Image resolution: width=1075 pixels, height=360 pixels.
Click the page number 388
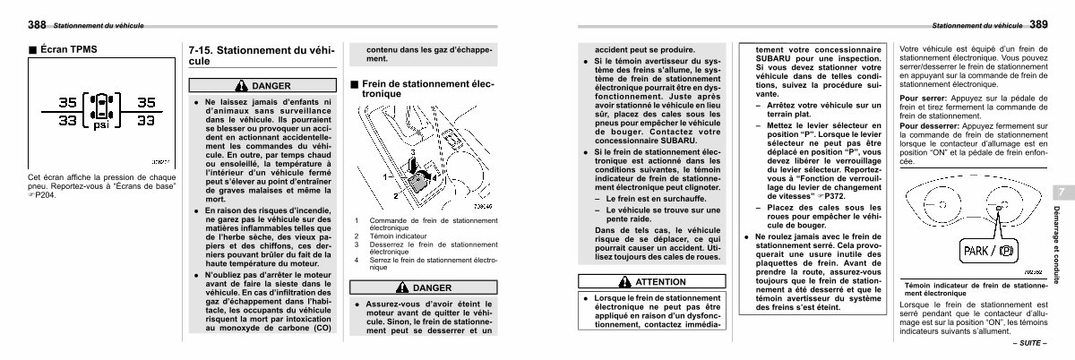coord(37,24)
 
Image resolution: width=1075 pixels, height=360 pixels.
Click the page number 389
coord(1038,24)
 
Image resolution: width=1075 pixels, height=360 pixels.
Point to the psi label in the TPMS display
coord(101,125)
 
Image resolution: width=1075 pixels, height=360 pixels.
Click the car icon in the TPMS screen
coord(102,107)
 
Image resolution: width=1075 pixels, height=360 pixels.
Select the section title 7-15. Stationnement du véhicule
coord(262,56)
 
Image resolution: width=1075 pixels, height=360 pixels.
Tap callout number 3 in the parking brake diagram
coord(412,152)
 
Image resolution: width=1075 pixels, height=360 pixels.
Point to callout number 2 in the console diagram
coord(396,196)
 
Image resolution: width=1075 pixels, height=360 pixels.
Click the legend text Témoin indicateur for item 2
coord(398,236)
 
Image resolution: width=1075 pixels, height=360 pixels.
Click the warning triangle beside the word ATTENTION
coord(625,282)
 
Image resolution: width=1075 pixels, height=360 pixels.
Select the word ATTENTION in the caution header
coord(660,282)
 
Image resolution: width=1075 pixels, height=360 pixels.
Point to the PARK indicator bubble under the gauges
coord(989,251)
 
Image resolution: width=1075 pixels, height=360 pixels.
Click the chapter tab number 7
coord(1062,193)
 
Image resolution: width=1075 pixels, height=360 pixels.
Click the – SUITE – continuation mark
coord(1030,343)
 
